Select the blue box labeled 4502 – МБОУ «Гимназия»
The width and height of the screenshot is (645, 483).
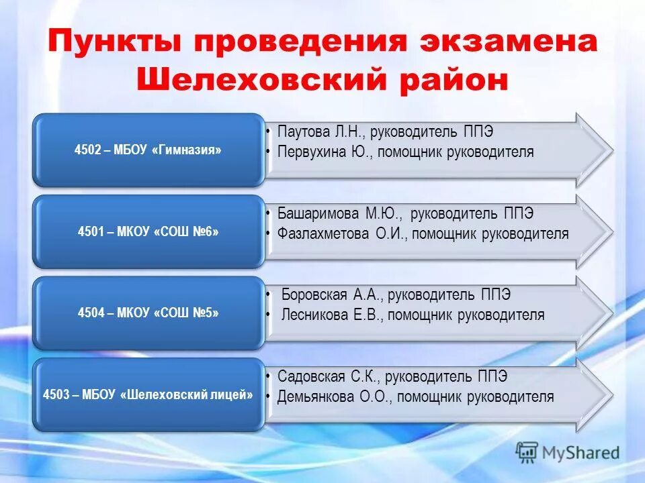[148, 150]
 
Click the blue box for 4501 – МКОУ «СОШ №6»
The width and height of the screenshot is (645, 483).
[148, 232]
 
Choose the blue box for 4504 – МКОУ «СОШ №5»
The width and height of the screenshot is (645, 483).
[148, 313]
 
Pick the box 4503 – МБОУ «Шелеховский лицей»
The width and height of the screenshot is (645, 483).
[148, 395]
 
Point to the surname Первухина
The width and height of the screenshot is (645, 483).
[312, 152]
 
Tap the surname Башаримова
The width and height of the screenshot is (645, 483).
[319, 214]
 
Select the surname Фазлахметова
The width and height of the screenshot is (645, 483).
[322, 234]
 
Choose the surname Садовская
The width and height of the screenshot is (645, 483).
[311, 377]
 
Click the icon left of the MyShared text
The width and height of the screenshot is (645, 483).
[527, 453]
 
